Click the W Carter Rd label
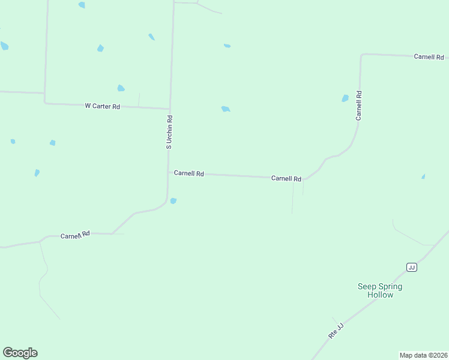pos(102,106)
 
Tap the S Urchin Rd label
pos(169,132)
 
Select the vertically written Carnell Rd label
pos(359,106)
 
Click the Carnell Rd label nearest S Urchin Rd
pos(189,173)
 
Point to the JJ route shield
pos(411,267)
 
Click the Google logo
pos(20,353)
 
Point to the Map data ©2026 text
pos(423,355)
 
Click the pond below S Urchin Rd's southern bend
pos(173,201)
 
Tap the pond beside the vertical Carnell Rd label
pos(345,98)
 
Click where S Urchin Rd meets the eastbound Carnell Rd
pos(169,172)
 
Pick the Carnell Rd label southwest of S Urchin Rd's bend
pos(75,235)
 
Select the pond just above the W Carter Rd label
pos(121,88)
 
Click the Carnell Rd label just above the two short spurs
pos(286,178)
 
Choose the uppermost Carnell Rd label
pos(429,57)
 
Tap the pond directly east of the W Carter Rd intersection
pos(225,109)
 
